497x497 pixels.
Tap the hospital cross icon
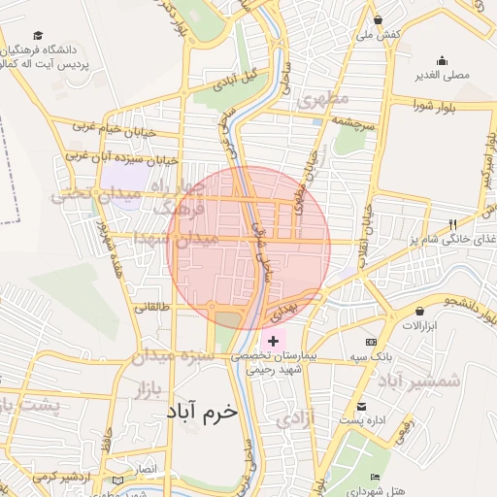[x=274, y=341]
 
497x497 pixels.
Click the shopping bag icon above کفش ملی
[x=377, y=20]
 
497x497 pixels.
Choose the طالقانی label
[x=149, y=308]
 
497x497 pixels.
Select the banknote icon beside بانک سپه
[x=371, y=342]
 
